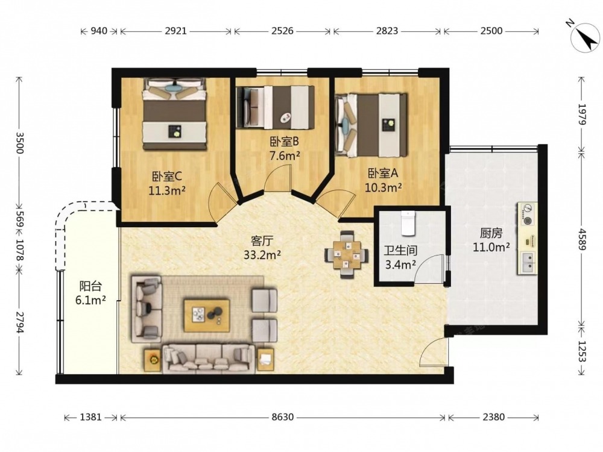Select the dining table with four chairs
coord(347,254)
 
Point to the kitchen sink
coord(527,263)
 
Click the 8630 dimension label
coord(282,417)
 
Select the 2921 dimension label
coord(175,31)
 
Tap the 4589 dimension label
coord(582,239)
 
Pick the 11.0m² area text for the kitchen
coord(491,246)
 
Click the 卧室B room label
coord(284,142)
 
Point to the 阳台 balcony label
coord(90,286)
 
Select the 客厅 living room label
coord(262,241)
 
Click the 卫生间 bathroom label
coord(400,251)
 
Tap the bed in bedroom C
coord(175,114)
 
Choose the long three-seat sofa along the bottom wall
coord(209,359)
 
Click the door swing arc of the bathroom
coord(427,262)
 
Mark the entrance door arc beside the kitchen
coord(428,347)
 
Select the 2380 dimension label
coord(493,417)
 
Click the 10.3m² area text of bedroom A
coord(384,187)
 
